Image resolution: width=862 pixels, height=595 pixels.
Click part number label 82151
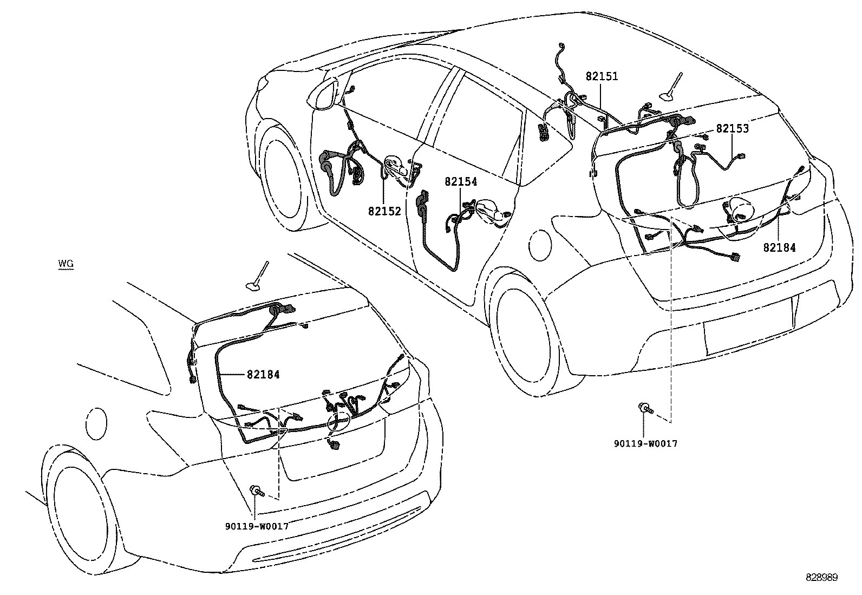(x=602, y=76)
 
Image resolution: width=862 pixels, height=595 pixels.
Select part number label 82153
(x=732, y=128)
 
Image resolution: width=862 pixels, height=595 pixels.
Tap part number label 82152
(x=384, y=211)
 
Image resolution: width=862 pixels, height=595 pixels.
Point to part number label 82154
(x=461, y=182)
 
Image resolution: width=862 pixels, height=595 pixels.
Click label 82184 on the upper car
(x=779, y=247)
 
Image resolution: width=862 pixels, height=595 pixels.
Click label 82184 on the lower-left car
(x=263, y=374)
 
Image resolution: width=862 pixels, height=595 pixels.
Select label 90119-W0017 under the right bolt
(x=645, y=443)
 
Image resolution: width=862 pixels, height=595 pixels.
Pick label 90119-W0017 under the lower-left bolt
(x=256, y=526)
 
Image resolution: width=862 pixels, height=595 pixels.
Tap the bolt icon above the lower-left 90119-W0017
(x=256, y=492)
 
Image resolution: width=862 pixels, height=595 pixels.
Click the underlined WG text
(x=66, y=264)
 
